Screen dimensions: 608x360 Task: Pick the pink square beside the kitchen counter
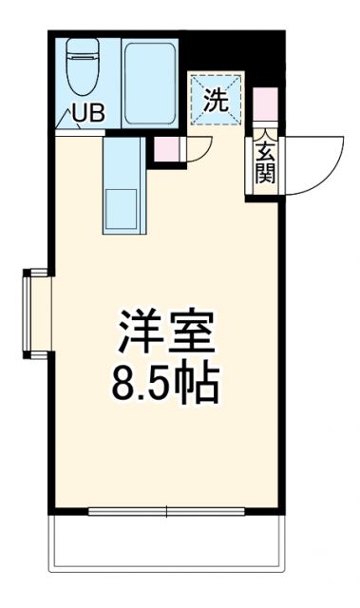(x=166, y=149)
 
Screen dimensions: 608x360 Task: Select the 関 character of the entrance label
(x=263, y=172)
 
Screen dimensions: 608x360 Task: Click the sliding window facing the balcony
(x=166, y=513)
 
